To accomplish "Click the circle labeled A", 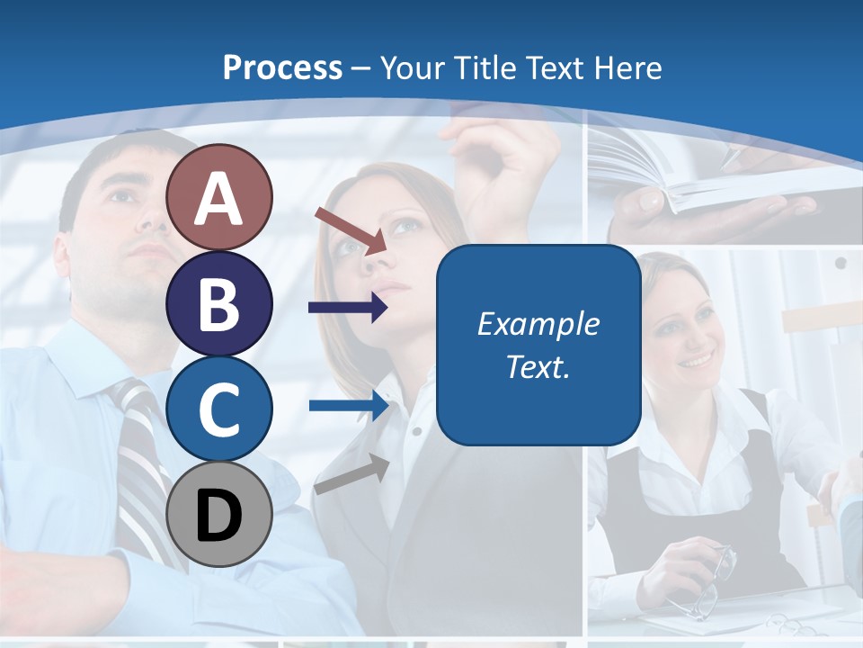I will point(219,197).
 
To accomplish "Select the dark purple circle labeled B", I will point(219,303).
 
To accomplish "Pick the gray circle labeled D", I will point(219,514).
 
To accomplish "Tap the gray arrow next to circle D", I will point(351,475).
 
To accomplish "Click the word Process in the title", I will point(282,67).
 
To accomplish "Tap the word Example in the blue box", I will point(538,324).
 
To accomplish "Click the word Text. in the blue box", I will point(538,366).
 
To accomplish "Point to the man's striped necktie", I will point(144,468).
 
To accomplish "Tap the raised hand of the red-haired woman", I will point(503,162).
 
